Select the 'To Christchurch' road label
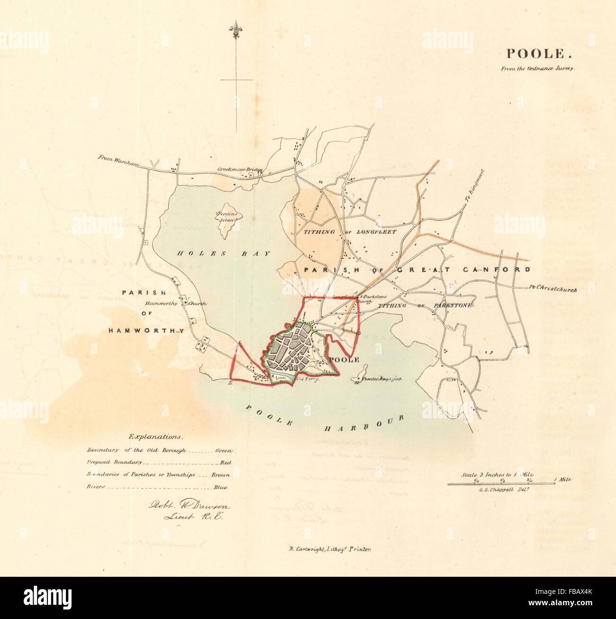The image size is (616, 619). [552, 289]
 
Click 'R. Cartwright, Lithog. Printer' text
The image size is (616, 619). [325, 549]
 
